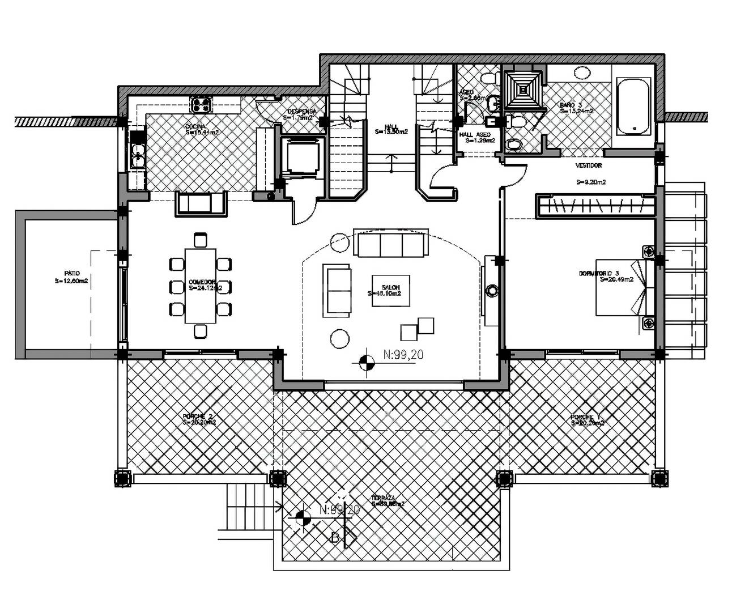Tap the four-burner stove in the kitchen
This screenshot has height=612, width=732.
201,104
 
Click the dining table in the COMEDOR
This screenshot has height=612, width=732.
201,285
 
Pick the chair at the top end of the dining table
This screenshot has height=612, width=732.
199,239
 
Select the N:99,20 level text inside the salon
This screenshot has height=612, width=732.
403,355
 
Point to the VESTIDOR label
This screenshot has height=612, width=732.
589,165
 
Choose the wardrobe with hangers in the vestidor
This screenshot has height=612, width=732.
595,206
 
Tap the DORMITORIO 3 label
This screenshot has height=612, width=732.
606,275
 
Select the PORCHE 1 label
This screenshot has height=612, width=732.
588,419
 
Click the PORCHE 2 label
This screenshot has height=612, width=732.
198,419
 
